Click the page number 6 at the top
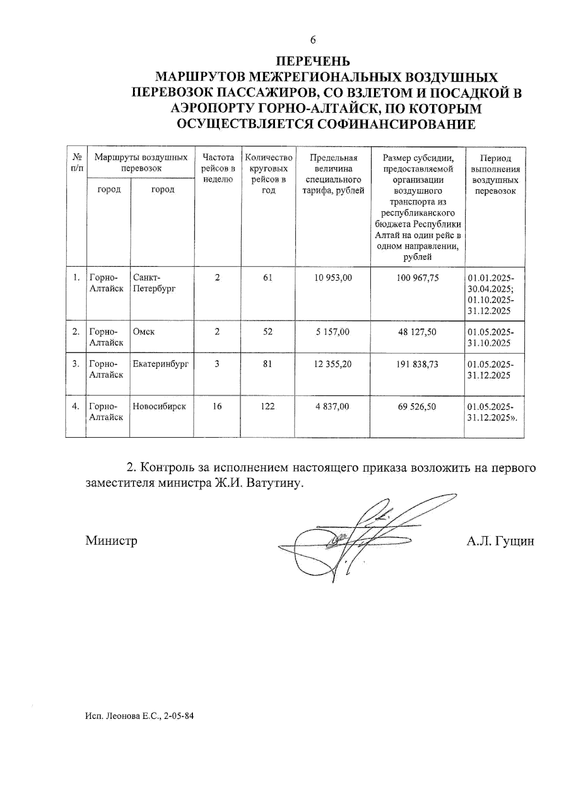[313, 40]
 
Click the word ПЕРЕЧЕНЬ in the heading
[313, 61]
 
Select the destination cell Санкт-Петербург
[154, 283]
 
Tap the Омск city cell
[144, 332]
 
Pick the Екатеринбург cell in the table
[160, 364]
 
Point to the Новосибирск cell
[159, 406]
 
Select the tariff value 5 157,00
[333, 332]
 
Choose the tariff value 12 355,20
[333, 364]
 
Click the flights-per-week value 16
[217, 406]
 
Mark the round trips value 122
[267, 406]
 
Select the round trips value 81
[267, 364]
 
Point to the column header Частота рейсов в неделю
[217, 168]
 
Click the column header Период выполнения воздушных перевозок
[495, 174]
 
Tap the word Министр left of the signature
[111, 541]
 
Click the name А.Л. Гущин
[500, 541]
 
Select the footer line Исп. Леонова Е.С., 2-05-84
[140, 716]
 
